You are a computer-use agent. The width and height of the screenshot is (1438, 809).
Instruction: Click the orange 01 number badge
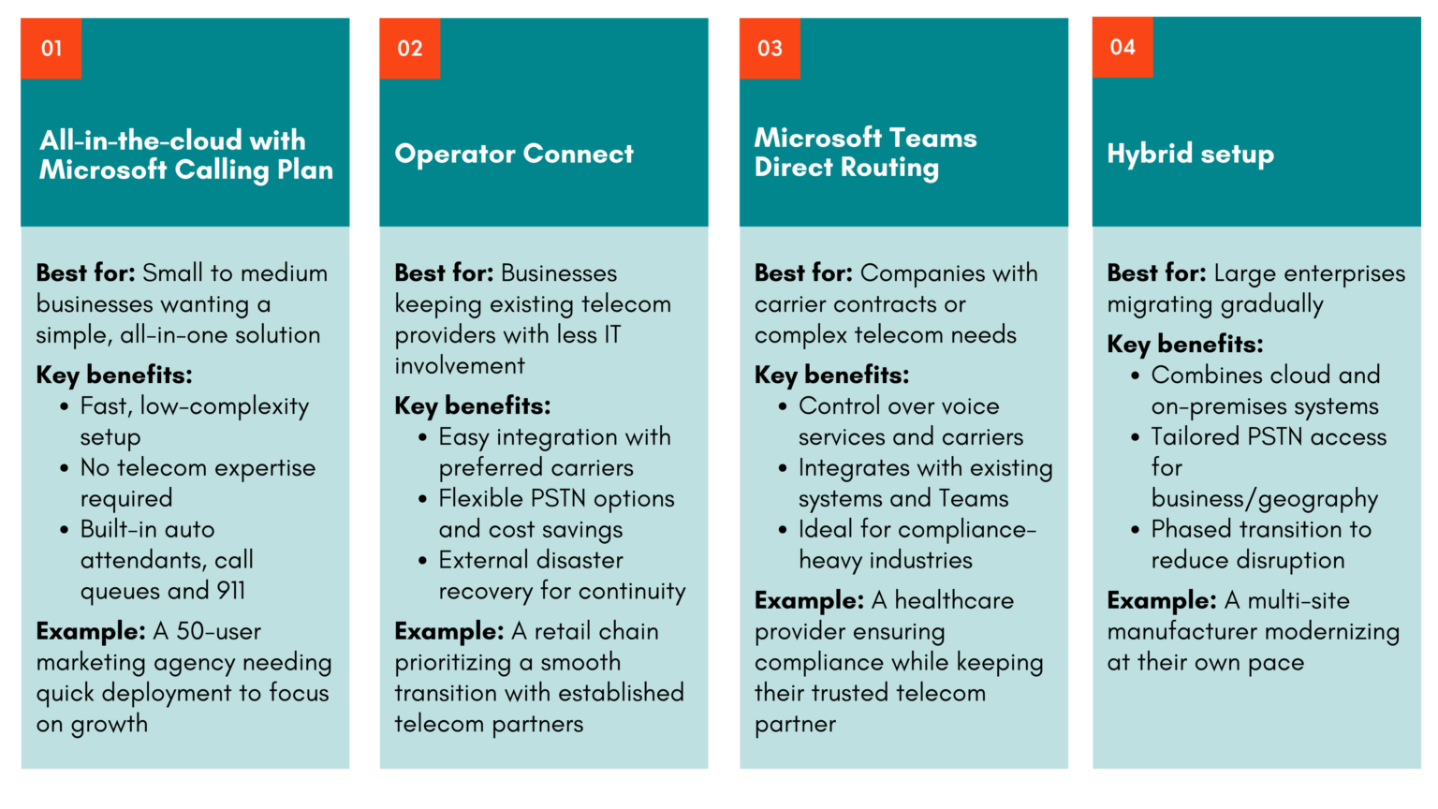[51, 48]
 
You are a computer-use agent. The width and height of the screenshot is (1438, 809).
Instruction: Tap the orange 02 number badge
[409, 48]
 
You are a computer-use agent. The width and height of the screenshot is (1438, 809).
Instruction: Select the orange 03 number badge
[770, 48]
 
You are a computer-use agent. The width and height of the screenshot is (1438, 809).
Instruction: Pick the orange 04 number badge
[1122, 47]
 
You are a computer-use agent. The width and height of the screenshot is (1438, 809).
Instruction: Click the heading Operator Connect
[514, 154]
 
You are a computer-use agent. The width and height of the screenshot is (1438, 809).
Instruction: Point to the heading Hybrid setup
[1190, 154]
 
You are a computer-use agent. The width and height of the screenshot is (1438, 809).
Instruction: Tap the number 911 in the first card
[230, 591]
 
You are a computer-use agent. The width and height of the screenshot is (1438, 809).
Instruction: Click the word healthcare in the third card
[954, 600]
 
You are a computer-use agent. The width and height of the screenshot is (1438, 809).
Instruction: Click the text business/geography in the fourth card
[1265, 498]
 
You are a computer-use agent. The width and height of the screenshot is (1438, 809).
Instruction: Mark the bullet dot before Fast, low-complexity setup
[64, 407]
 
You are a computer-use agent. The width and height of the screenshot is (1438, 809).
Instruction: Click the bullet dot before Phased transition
[1135, 530]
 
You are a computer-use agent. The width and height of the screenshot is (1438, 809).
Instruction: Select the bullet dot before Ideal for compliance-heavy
[783, 530]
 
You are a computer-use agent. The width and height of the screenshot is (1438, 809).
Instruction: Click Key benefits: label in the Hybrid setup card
[1184, 345]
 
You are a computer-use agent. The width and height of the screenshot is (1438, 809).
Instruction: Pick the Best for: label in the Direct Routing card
[803, 273]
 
